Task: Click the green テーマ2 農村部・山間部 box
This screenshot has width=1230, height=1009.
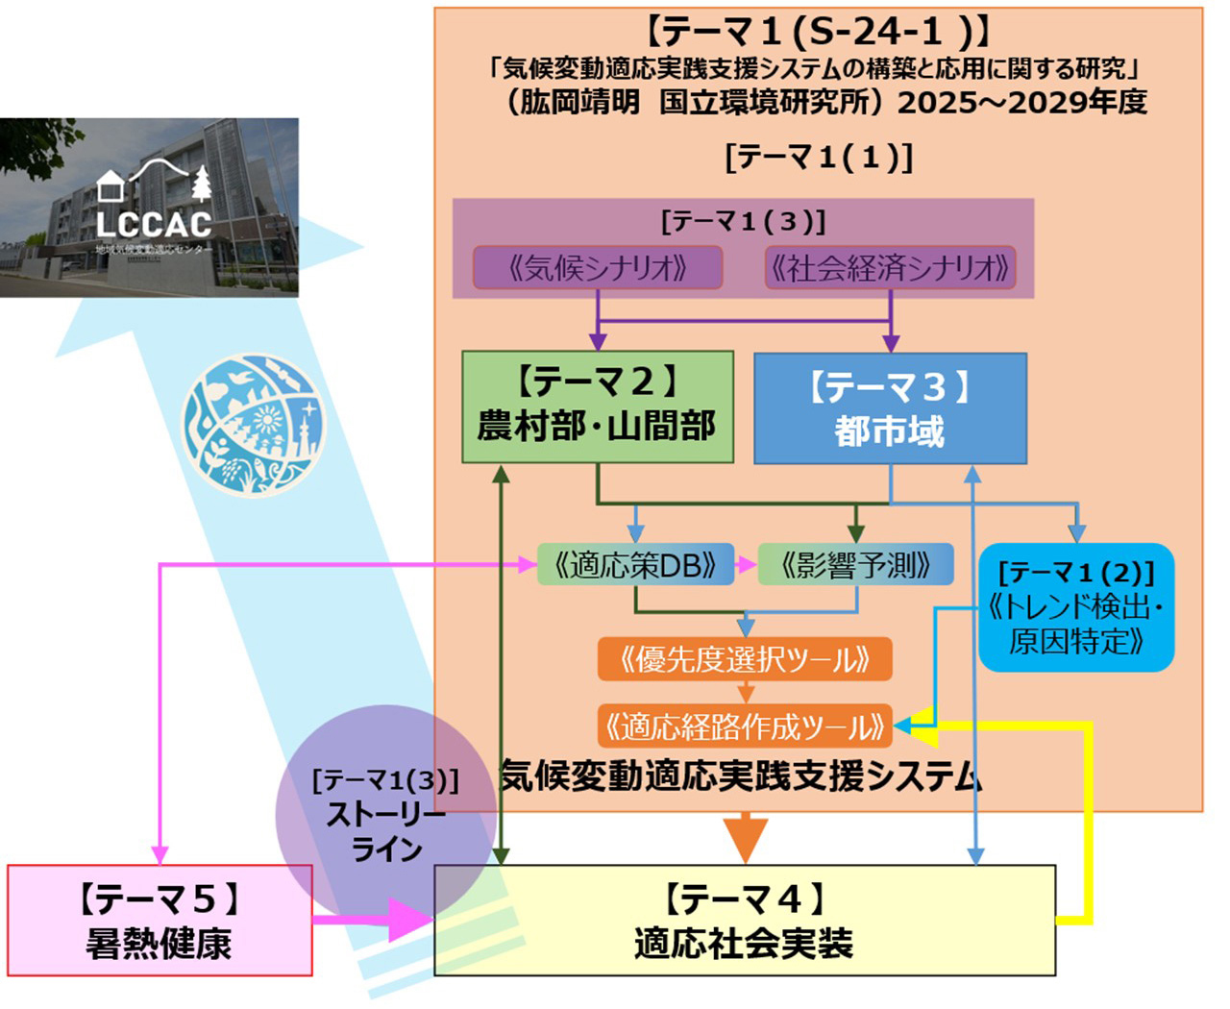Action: (597, 406)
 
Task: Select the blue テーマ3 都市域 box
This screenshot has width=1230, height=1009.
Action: (890, 408)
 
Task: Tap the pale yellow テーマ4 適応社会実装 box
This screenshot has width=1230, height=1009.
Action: (744, 921)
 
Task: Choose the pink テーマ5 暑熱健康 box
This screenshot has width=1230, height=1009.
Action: (160, 921)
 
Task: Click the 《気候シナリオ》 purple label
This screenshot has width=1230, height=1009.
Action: (597, 268)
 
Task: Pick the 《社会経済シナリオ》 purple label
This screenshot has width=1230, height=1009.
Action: (890, 268)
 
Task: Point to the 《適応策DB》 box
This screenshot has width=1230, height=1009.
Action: (635, 565)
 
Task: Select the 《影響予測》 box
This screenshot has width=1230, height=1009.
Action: (855, 565)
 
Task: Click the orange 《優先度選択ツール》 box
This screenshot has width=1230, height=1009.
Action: (745, 659)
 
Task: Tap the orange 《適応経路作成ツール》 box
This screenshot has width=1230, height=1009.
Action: (745, 726)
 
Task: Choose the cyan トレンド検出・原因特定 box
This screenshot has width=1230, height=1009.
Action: (1076, 607)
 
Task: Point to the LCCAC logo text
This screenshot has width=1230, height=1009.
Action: (154, 224)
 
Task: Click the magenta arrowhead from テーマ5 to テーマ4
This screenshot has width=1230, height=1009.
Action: (409, 920)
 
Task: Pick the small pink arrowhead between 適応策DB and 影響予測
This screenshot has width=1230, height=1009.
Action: (747, 565)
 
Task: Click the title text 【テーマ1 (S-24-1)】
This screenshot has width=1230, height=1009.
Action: (818, 31)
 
